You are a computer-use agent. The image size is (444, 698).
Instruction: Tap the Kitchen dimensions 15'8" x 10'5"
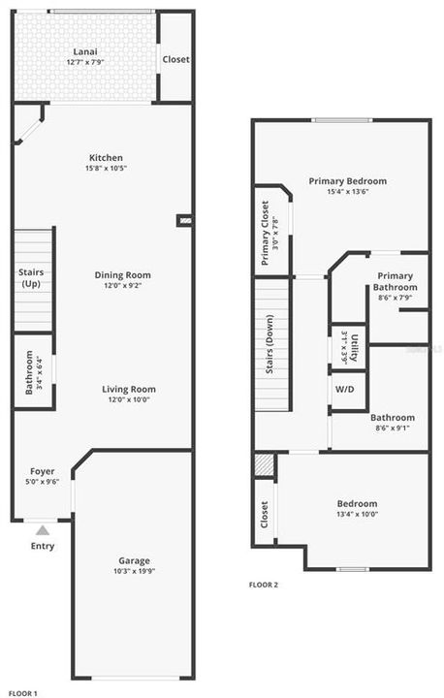[106, 169]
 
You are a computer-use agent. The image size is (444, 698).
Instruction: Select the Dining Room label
[122, 275]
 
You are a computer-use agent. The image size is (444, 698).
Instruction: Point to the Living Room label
[129, 390]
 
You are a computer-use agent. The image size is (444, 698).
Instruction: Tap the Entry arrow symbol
[42, 530]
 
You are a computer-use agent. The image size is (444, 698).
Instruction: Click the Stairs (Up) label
[31, 279]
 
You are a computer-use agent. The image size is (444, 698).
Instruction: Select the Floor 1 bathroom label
[29, 371]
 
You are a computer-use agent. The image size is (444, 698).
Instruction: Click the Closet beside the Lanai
[175, 59]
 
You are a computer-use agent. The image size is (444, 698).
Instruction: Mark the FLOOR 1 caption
[22, 692]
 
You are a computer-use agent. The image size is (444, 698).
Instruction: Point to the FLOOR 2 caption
[263, 585]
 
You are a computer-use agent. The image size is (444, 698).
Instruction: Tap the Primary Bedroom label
[347, 181]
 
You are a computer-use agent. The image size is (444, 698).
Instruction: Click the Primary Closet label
[267, 233]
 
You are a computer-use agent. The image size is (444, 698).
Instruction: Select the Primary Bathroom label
[395, 281]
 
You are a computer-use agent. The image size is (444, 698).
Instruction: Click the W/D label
[344, 389]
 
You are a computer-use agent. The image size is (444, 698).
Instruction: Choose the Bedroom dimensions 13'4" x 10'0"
[357, 515]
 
